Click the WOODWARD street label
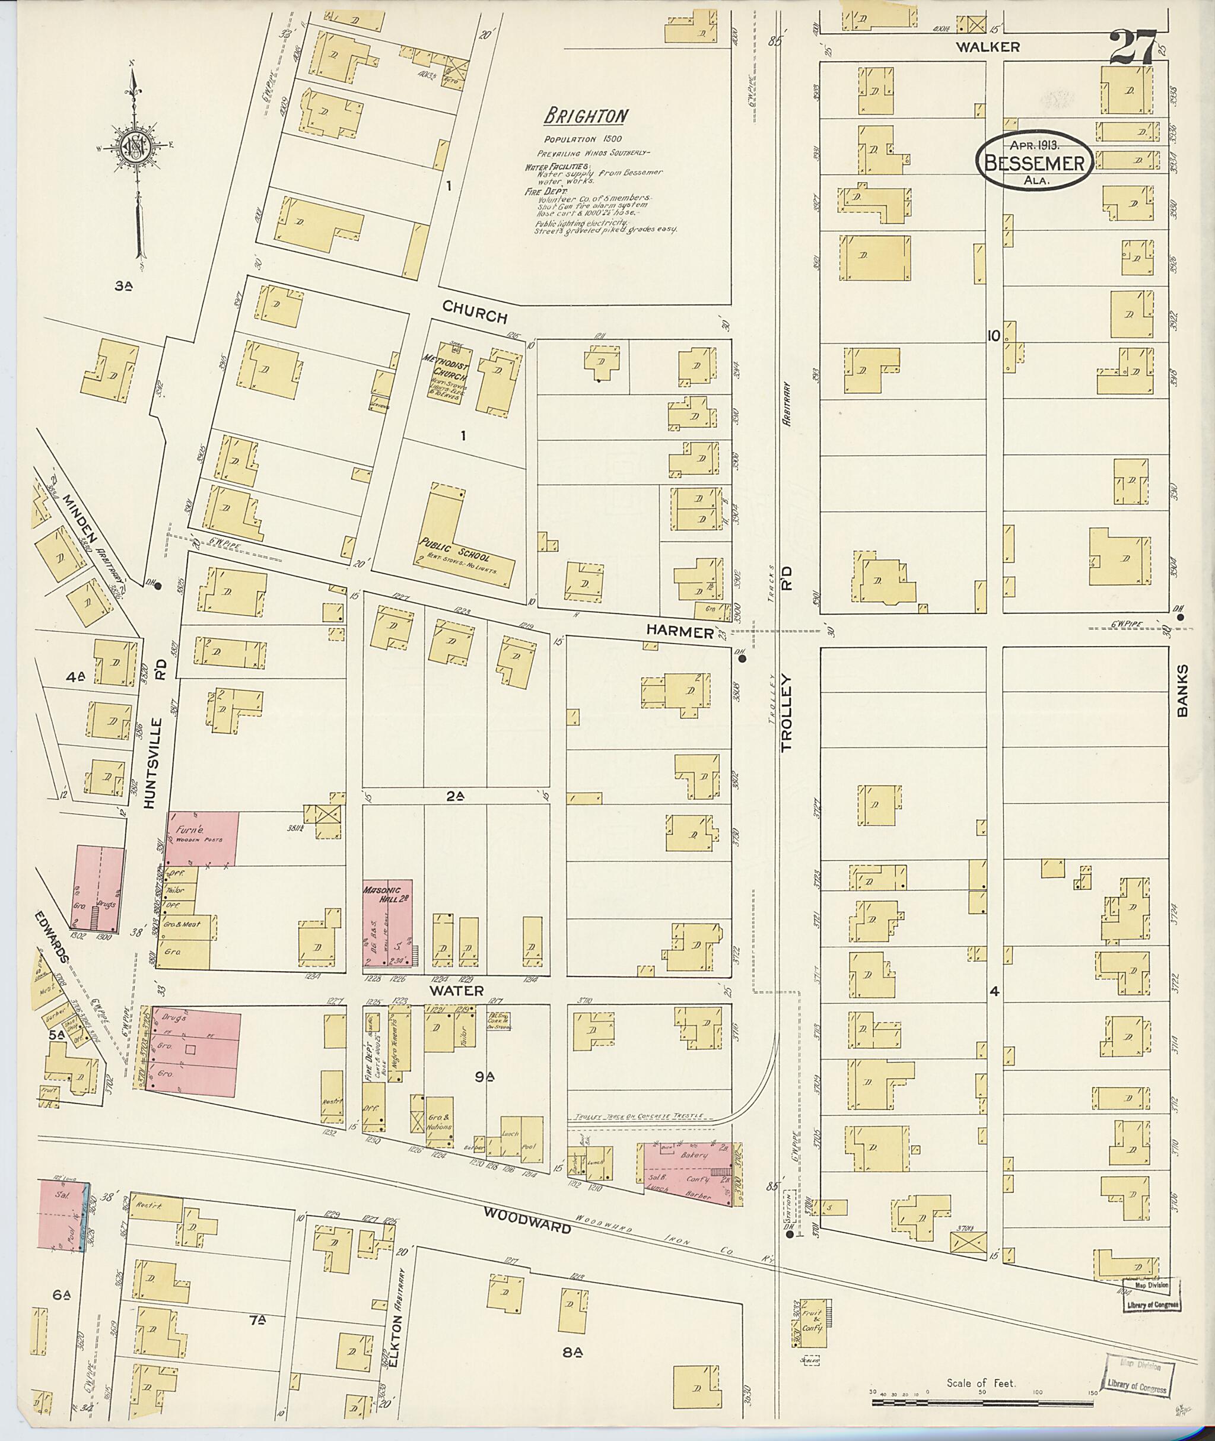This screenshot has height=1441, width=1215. pyautogui.click(x=527, y=1228)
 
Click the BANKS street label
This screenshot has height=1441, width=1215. pyautogui.click(x=1182, y=691)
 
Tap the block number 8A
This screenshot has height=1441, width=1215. pyautogui.click(x=571, y=1351)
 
